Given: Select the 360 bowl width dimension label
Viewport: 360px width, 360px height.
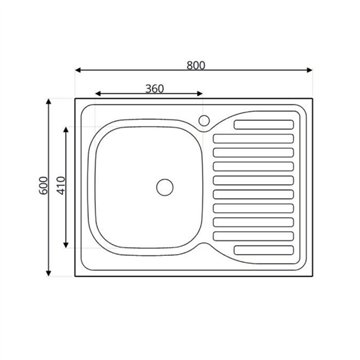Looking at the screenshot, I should coord(154,89).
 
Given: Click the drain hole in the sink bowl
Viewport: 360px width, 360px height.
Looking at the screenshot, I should coord(165,186).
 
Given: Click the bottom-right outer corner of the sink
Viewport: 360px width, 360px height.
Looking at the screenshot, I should coord(313,277).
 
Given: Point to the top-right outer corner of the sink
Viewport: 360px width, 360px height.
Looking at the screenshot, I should coord(313,98).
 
